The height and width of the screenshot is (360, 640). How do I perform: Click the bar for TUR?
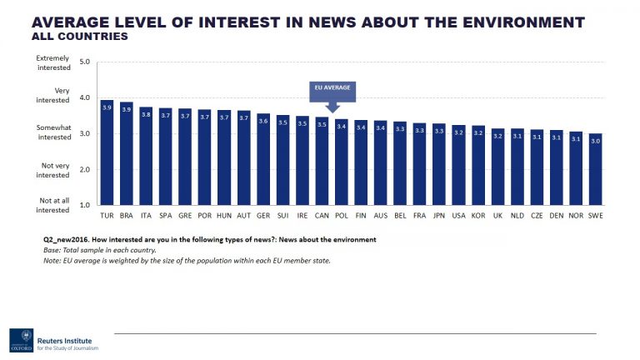click(107, 152)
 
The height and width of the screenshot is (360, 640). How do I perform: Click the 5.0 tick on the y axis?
click(84, 62)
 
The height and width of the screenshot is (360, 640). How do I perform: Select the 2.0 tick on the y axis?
click(84, 169)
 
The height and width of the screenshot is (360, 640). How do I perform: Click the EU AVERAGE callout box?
click(332, 87)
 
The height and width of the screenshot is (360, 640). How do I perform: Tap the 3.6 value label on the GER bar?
click(262, 121)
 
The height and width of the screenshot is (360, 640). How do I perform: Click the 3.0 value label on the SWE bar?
click(595, 141)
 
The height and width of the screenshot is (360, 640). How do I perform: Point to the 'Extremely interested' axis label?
click(52, 62)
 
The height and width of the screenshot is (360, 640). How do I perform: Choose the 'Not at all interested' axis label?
click(52, 205)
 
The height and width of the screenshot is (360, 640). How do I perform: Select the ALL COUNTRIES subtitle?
click(79, 37)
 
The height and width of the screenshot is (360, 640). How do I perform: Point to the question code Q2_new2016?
click(67, 239)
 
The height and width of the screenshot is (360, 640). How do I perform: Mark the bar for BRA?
click(127, 153)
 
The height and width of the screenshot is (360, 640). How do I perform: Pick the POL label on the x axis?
click(342, 215)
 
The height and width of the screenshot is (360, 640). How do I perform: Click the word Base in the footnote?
click(52, 250)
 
